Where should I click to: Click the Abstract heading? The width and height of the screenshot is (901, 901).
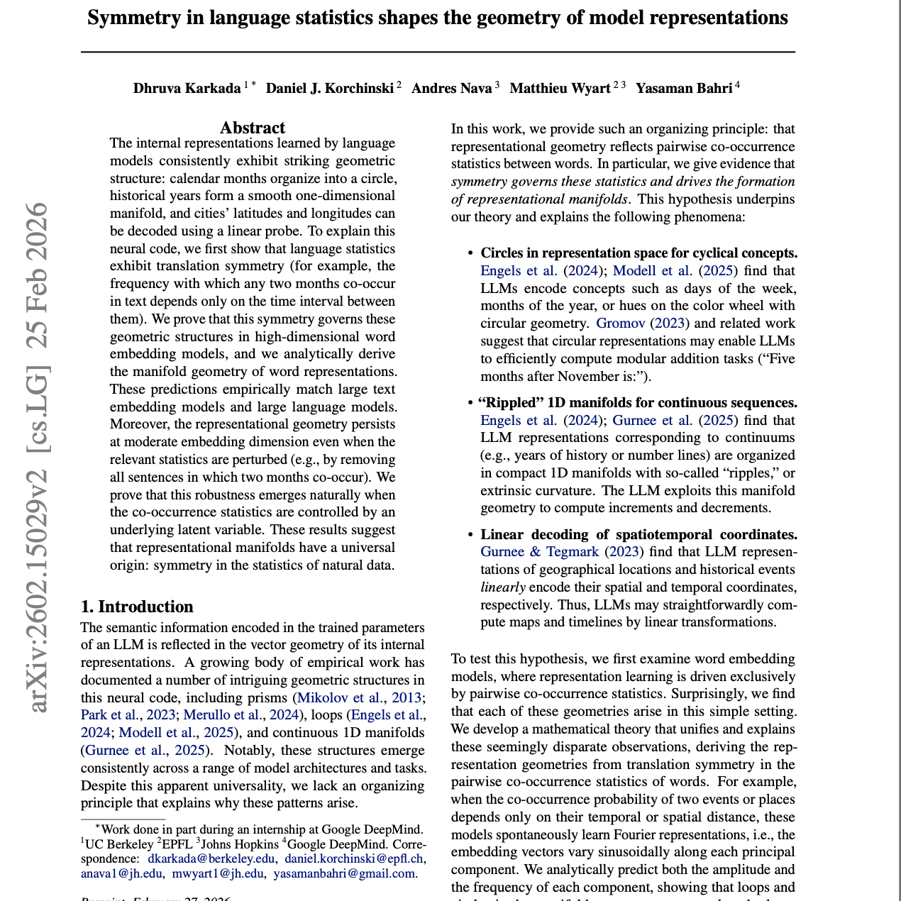pos(252,128)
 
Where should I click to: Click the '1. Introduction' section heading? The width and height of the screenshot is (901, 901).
pos(137,607)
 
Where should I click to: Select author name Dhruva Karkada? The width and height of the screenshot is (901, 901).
pos(187,89)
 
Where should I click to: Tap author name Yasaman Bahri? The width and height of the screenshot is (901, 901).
pos(683,89)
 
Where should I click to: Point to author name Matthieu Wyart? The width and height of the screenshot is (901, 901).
pos(560,89)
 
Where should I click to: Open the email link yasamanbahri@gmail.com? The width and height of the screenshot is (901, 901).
pos(345,873)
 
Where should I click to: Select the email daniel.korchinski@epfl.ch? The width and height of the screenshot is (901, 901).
pos(355,858)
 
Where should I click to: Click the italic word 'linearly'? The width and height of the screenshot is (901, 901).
pos(502,587)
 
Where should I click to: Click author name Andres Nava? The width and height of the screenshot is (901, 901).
pos(451,89)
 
